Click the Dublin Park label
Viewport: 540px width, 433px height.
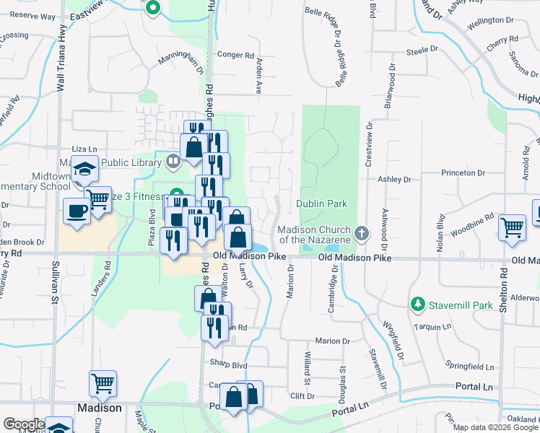[x=323, y=204]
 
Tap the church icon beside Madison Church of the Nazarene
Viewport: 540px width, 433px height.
[x=362, y=234]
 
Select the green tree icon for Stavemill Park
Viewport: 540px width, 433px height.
[x=417, y=305]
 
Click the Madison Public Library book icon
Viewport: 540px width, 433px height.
[x=173, y=162]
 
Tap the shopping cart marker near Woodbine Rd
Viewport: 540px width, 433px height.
[x=512, y=227]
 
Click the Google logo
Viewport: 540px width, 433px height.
[x=24, y=424]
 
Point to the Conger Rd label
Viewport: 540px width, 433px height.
[x=236, y=54]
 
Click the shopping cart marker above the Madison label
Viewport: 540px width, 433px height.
[x=103, y=383]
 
